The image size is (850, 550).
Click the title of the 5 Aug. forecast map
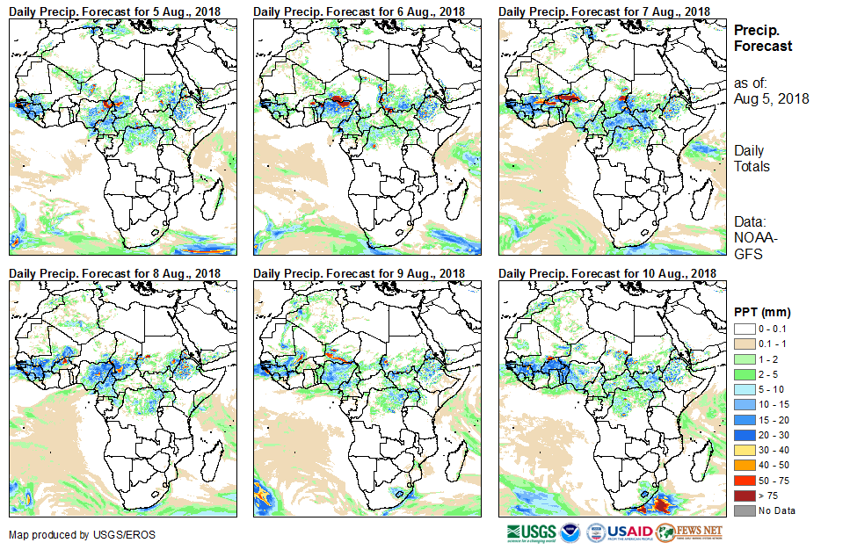[x=115, y=11]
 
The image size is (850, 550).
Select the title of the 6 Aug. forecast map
[x=360, y=11]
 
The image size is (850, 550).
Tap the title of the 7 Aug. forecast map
[x=604, y=11]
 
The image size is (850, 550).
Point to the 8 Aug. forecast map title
[x=115, y=274]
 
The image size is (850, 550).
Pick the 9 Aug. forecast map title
[x=360, y=274]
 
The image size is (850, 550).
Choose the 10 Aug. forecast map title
[x=607, y=274]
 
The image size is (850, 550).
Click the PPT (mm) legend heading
[x=763, y=312]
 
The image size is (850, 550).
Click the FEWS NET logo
[x=689, y=532]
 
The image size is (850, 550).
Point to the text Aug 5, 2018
[x=772, y=99]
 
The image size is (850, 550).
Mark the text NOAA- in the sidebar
[x=755, y=238]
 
